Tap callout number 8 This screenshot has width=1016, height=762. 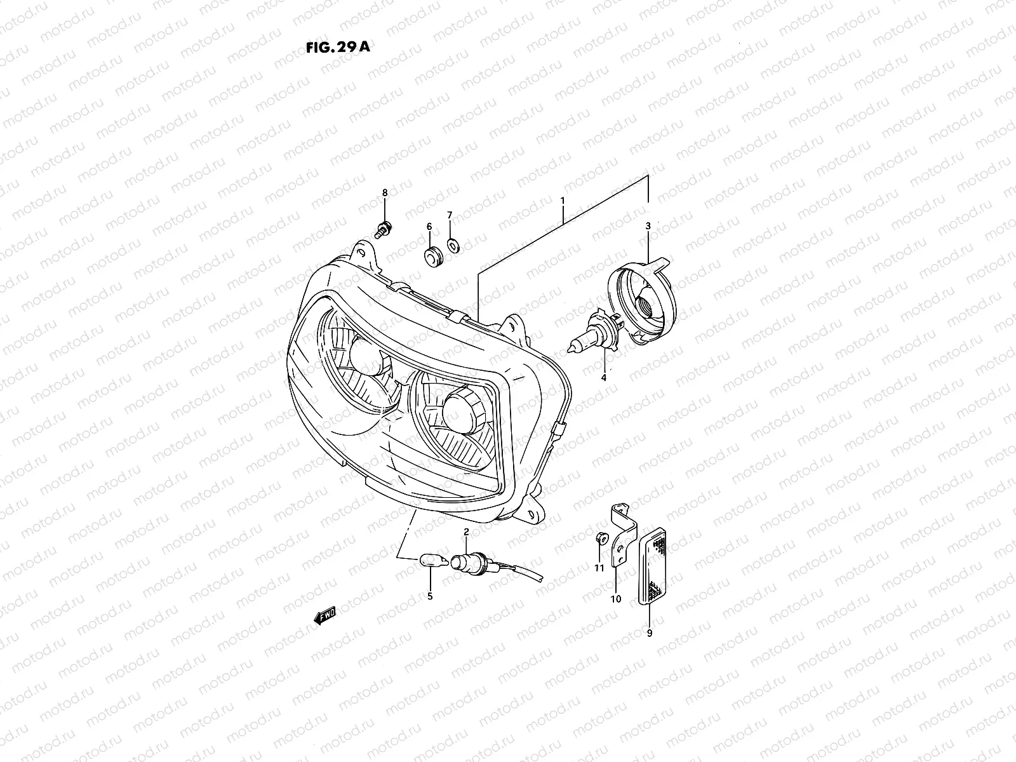coord(384,192)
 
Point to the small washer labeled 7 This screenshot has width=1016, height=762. coord(452,243)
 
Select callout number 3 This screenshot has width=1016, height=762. coord(648,226)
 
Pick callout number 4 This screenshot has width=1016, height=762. coord(604,378)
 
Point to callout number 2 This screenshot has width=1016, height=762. coord(466,531)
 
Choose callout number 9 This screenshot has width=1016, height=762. coord(649,632)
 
